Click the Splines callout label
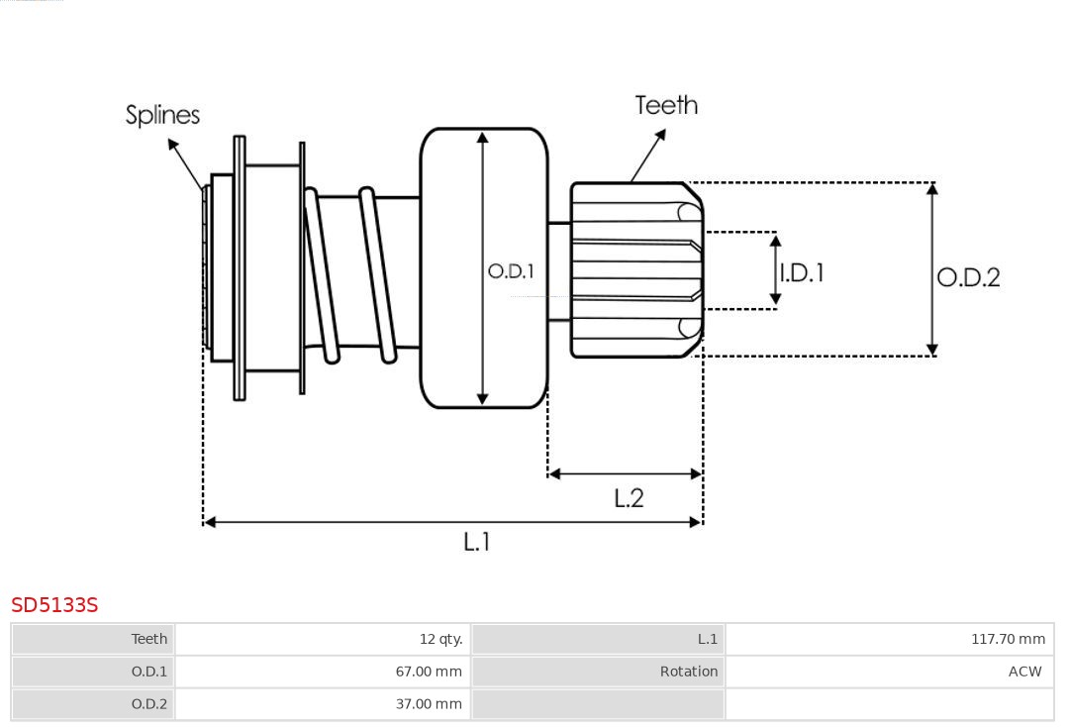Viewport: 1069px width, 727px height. (162, 115)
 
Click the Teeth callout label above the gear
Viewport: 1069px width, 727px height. (666, 105)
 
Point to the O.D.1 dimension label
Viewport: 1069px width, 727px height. (511, 270)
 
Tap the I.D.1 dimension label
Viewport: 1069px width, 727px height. (802, 272)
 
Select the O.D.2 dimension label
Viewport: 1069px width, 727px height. (968, 277)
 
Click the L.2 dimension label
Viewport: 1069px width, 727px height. (629, 498)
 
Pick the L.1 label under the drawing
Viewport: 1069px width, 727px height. (477, 542)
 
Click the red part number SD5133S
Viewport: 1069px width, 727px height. (54, 605)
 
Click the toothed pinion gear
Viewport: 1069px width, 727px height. (633, 269)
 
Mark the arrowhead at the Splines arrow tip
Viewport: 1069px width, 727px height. (172, 144)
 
